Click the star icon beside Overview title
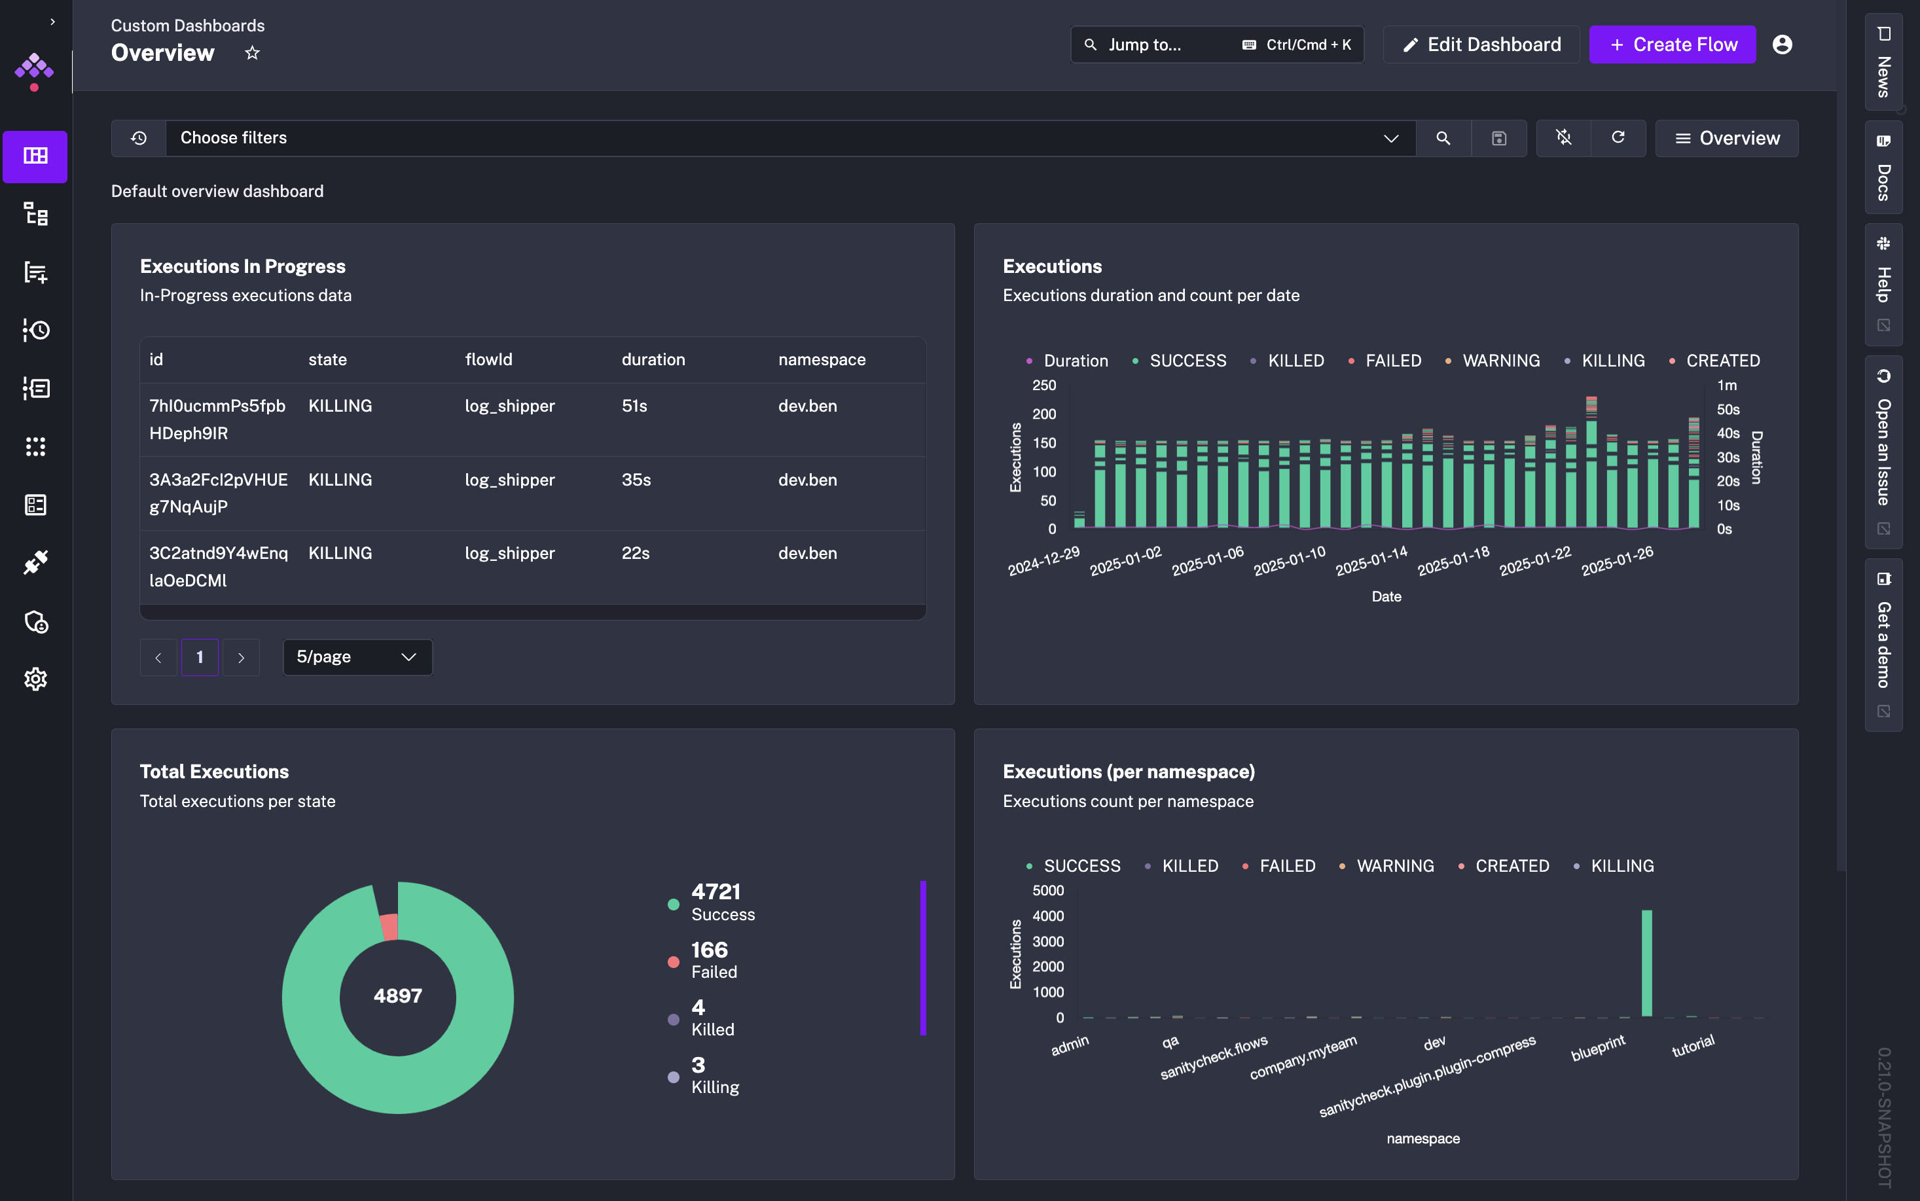coord(252,53)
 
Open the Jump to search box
coord(1217,45)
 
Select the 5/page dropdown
coord(357,657)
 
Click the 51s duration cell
coord(635,406)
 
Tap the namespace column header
coord(822,360)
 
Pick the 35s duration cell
coord(636,480)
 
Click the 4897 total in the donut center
coord(398,995)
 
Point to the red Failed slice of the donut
coord(389,927)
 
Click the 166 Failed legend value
coord(710,950)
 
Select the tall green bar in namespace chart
coord(1647,963)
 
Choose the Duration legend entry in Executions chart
coord(1067,361)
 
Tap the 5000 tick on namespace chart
coord(1048,890)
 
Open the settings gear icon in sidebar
coord(36,679)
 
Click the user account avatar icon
coord(1783,45)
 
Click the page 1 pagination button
coord(200,657)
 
